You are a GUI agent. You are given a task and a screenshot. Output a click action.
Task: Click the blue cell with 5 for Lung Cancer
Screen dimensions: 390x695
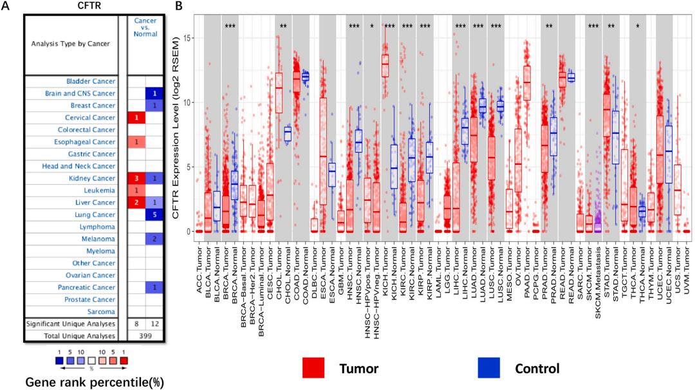click(153, 215)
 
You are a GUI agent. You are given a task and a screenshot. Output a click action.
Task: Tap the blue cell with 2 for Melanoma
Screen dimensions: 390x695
click(153, 239)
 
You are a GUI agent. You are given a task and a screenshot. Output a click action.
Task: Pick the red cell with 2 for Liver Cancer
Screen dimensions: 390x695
click(136, 203)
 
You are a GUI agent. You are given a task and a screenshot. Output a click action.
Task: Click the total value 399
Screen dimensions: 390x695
click(145, 336)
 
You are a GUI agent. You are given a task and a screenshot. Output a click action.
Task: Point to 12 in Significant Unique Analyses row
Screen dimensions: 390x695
click(153, 324)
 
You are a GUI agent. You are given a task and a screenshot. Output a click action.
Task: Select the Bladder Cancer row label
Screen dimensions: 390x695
click(91, 82)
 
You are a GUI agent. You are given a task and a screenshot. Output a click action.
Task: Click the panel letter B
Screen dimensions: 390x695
click(179, 6)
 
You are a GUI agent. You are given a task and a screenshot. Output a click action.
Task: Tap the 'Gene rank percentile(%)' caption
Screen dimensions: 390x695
click(94, 382)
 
